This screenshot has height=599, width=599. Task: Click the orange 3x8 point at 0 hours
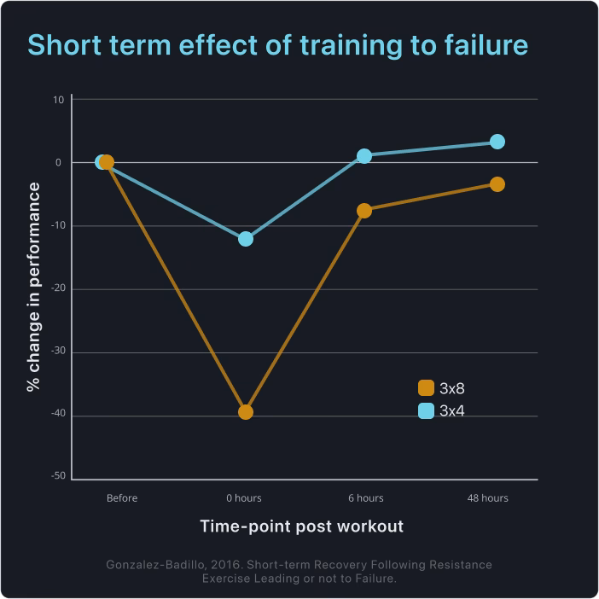pyautogui.click(x=246, y=412)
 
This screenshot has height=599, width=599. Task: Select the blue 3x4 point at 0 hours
pyautogui.click(x=246, y=239)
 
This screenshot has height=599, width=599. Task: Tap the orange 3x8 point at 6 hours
pyautogui.click(x=364, y=211)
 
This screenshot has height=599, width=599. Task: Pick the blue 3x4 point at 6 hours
pyautogui.click(x=364, y=156)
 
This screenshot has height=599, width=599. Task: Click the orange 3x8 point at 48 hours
pyautogui.click(x=497, y=184)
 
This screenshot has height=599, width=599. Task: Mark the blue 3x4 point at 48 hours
pyautogui.click(x=497, y=142)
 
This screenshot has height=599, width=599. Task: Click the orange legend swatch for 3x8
pyautogui.click(x=426, y=389)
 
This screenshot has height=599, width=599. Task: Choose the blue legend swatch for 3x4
pyautogui.click(x=426, y=410)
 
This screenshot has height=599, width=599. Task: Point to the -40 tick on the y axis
pyautogui.click(x=57, y=416)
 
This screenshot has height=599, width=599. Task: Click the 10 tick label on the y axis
pyautogui.click(x=59, y=100)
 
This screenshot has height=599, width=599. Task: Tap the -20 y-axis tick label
pyautogui.click(x=57, y=289)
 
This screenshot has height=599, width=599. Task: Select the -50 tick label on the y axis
pyautogui.click(x=57, y=479)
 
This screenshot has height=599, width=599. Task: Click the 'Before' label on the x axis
pyautogui.click(x=122, y=498)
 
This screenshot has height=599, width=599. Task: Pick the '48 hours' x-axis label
pyautogui.click(x=488, y=498)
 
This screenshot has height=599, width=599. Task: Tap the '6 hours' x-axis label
pyautogui.click(x=365, y=498)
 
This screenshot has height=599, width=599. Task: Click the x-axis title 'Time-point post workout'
pyautogui.click(x=302, y=526)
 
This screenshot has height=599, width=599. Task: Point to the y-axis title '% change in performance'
pyautogui.click(x=34, y=287)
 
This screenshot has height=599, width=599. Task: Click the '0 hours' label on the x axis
pyautogui.click(x=244, y=498)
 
